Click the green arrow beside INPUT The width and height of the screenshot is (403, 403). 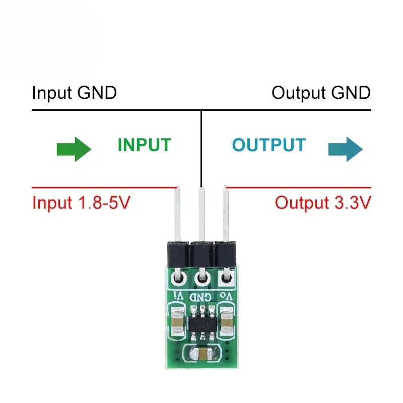(74, 149)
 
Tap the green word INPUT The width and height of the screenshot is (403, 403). (144, 145)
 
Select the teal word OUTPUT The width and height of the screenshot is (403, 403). (268, 145)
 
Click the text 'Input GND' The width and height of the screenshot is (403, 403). (74, 93)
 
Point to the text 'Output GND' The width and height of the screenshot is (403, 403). (321, 93)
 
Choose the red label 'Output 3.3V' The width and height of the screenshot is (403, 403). (323, 203)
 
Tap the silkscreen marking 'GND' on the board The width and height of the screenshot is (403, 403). (202, 296)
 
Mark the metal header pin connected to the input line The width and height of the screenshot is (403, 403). (177, 214)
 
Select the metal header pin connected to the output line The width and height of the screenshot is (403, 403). (226, 214)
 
